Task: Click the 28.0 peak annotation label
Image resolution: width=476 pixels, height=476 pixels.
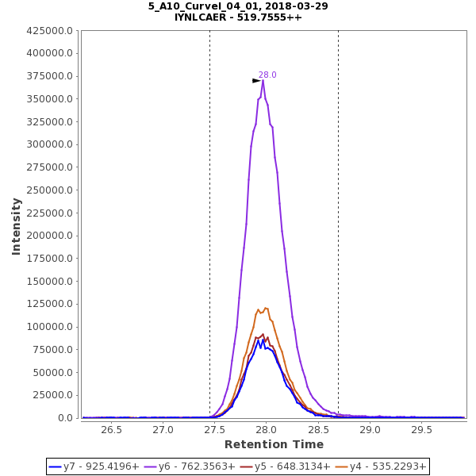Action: tap(267, 75)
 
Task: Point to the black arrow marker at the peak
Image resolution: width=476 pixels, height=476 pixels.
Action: tap(256, 81)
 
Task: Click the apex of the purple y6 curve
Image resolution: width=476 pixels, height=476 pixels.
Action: tap(263, 80)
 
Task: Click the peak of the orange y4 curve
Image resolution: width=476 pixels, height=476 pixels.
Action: tap(266, 308)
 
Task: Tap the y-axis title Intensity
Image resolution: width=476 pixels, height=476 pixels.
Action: tap(16, 226)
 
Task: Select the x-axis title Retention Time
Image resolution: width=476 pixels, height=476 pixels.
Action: tap(274, 445)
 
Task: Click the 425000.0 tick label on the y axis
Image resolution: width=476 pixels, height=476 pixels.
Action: tap(50, 31)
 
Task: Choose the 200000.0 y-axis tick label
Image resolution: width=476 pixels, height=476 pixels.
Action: tap(50, 236)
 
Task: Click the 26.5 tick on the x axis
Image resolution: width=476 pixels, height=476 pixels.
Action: tap(111, 430)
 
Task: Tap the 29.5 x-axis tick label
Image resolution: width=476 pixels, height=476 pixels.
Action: tap(421, 430)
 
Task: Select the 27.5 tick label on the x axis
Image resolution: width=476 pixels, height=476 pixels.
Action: tap(215, 430)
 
